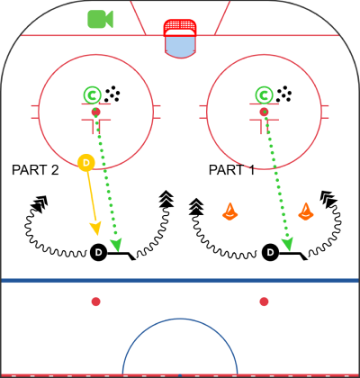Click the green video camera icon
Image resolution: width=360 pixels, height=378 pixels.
(x=100, y=19)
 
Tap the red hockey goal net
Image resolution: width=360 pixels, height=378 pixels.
(x=180, y=28)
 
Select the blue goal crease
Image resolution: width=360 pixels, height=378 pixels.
(x=180, y=47)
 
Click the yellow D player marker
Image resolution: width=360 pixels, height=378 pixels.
(x=86, y=163)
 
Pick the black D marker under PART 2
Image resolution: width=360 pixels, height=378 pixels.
(x=98, y=253)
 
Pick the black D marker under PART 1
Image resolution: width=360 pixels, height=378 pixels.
(x=271, y=253)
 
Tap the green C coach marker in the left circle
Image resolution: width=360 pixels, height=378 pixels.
(x=92, y=95)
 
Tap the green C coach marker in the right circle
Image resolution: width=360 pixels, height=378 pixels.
(x=264, y=95)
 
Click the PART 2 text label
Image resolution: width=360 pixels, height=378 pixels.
(x=35, y=170)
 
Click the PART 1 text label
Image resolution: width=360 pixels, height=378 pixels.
(x=231, y=170)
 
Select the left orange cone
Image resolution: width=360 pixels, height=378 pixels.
(x=230, y=211)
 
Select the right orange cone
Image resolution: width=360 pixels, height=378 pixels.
(x=306, y=211)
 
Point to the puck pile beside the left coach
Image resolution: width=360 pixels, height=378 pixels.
(x=112, y=94)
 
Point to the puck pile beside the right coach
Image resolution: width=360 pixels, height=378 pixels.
(x=284, y=94)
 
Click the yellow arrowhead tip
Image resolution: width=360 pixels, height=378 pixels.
(x=96, y=235)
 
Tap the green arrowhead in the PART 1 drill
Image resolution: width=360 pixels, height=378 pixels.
(x=288, y=245)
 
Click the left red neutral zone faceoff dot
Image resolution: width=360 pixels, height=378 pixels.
(x=95, y=301)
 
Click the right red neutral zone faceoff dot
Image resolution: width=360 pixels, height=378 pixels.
(x=264, y=301)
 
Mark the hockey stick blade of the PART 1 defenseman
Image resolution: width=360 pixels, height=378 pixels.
(x=303, y=256)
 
